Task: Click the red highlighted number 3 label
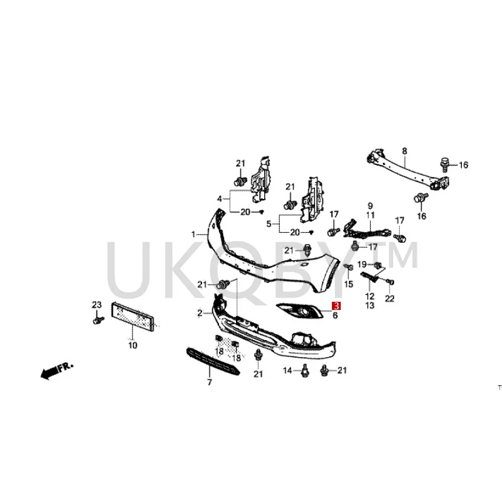tap(336, 306)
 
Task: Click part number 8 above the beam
tap(404, 151)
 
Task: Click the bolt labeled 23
tap(97, 320)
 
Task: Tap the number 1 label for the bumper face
tap(194, 234)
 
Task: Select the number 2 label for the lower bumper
tap(199, 312)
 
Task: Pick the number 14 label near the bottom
tap(287, 371)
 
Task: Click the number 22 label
tap(390, 299)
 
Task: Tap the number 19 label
tap(362, 264)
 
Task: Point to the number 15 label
tap(350, 284)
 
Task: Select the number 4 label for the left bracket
tap(220, 199)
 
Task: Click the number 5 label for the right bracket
tap(269, 223)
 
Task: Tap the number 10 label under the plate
tap(132, 345)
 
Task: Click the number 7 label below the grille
tap(210, 382)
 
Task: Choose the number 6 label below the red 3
tap(335, 316)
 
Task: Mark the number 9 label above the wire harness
tap(370, 206)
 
